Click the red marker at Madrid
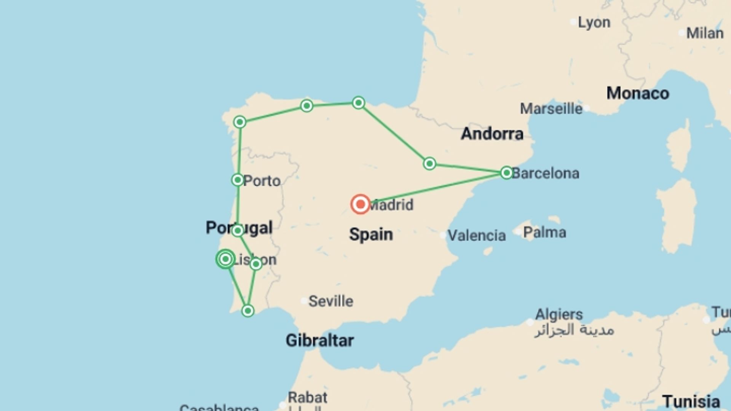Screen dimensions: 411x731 [360, 204]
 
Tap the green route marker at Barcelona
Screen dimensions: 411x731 [506, 173]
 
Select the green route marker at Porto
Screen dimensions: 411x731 [238, 180]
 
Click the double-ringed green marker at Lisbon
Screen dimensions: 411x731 [225, 259]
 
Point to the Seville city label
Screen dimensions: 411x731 [330, 301]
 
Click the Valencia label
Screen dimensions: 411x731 [476, 236]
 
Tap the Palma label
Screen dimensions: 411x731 [544, 232]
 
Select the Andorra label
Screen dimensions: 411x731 [492, 134]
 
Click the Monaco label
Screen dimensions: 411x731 [637, 93]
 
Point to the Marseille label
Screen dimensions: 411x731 [551, 109]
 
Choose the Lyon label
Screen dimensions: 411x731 [594, 22]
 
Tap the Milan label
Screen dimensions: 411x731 [704, 33]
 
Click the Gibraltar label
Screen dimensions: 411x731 [319, 340]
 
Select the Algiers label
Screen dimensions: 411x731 [559, 314]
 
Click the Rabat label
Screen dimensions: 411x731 [307, 397]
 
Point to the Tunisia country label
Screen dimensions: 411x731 [691, 401]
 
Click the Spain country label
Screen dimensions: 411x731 [371, 234]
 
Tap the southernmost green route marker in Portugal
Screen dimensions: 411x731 [248, 311]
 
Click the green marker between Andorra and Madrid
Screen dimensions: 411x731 [429, 164]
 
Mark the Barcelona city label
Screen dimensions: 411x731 [545, 173]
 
